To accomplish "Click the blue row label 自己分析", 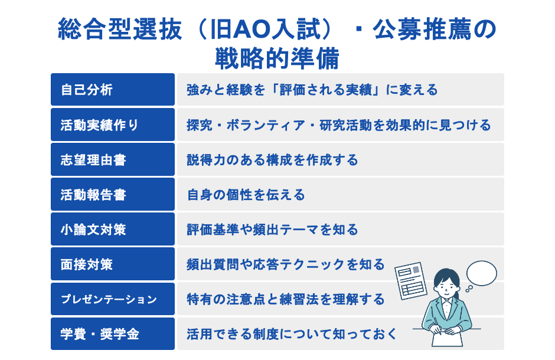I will tap(87, 90).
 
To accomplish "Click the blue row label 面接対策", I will tap(87, 264).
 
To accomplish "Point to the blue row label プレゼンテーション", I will tap(109, 299).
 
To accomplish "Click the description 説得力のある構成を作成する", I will tap(272, 159).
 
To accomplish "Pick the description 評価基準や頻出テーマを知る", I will tap(272, 229).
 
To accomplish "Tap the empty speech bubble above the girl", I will tap(482, 272).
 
